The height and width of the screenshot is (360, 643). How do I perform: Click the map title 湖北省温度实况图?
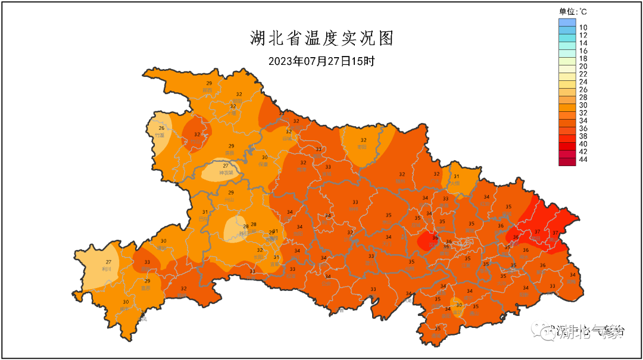coord(321,39)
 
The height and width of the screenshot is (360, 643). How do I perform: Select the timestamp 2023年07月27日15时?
coord(321,61)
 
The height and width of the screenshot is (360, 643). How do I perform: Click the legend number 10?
coord(583,27)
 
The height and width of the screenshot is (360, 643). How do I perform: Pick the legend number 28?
coord(583,97)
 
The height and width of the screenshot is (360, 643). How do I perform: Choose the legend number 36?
coord(583,128)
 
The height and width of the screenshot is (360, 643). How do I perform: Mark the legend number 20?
coord(583,66)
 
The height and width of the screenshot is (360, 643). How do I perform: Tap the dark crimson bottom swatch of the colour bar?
coord(567,161)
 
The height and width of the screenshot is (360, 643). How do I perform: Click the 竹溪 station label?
coord(160,135)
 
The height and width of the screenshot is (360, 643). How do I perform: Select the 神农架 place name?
coord(226,173)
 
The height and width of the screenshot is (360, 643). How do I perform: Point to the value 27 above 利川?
coord(109,262)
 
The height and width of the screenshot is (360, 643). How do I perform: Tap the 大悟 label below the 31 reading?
coord(455,183)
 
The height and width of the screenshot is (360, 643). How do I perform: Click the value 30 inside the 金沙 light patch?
coord(458,305)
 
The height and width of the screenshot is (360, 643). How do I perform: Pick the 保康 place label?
coord(264,164)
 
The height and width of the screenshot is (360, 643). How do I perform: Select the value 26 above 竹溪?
coord(161,128)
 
